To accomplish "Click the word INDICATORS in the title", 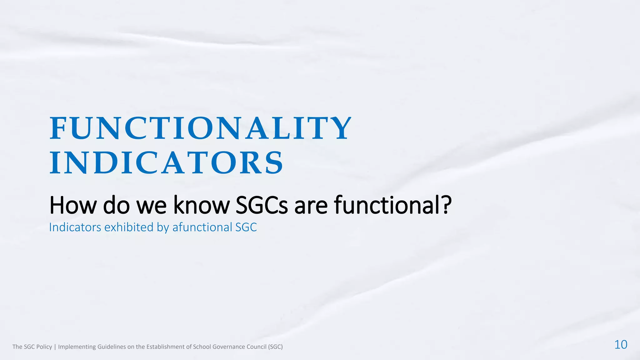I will coord(166,163).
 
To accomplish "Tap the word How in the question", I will coord(73,205).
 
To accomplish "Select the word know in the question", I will coord(201,205).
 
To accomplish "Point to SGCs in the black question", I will coord(262,205).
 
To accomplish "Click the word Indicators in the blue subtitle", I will coord(75,227).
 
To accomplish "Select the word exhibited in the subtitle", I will coord(129,227).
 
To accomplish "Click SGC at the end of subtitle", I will coord(246,227).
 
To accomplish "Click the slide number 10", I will coord(621,345).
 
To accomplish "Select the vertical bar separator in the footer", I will coord(55,347).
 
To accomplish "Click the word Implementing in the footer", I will coord(77,347).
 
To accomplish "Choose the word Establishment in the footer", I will coord(166,347).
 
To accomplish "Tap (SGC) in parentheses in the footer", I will coord(275,347).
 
